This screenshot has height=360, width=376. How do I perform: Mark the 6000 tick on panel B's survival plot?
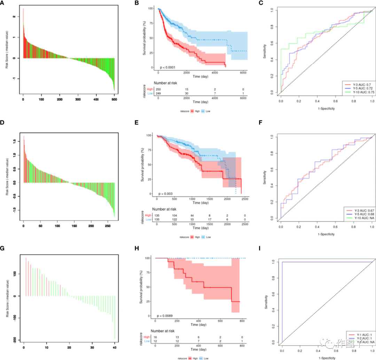[243, 72]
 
